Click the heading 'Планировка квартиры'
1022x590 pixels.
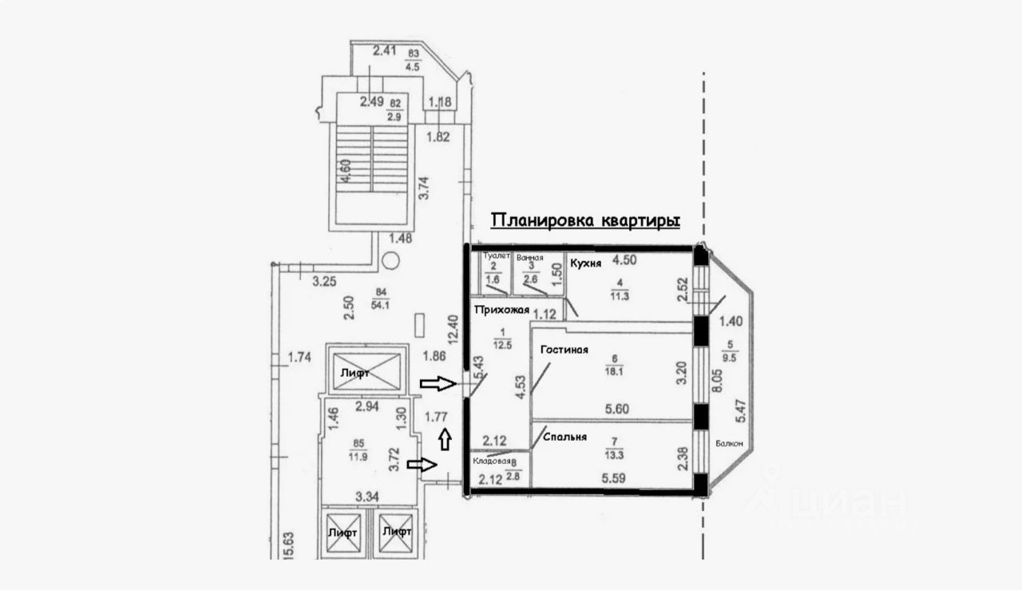pyautogui.click(x=584, y=220)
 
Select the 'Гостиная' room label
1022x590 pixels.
pyautogui.click(x=564, y=349)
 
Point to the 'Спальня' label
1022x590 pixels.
pyautogui.click(x=564, y=437)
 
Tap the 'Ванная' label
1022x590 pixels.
pyautogui.click(x=529, y=257)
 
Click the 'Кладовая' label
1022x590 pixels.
pyautogui.click(x=491, y=461)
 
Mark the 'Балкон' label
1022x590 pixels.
pyautogui.click(x=730, y=444)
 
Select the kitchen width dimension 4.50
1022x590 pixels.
pyautogui.click(x=624, y=259)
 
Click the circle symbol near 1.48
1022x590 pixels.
pyautogui.click(x=390, y=260)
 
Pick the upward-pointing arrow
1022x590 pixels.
pyautogui.click(x=445, y=438)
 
